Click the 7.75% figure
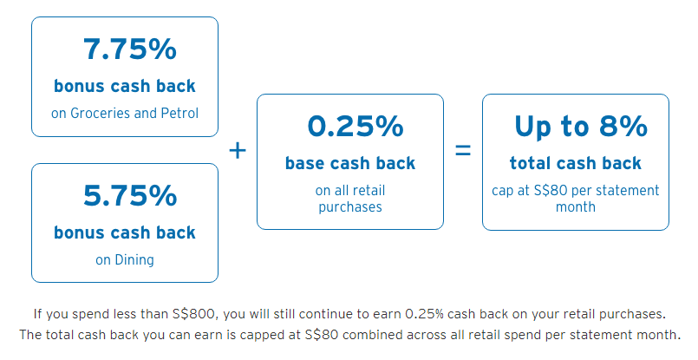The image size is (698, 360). tap(129, 49)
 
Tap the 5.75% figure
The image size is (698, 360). tap(129, 195)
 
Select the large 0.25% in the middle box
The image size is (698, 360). tap(356, 126)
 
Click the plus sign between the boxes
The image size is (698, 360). tap(238, 150)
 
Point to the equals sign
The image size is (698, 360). tap(463, 150)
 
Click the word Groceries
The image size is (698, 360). tap(101, 113)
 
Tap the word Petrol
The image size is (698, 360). tap(179, 113)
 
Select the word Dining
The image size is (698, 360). tap(134, 259)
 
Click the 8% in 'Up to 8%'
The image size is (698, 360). tap(623, 126)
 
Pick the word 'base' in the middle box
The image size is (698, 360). tap(303, 163)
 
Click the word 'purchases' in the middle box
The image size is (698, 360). tap(350, 207)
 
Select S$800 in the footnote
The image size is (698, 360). tap(193, 314)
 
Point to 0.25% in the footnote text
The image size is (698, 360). tap(424, 314)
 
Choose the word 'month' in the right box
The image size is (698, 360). tap(576, 207)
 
